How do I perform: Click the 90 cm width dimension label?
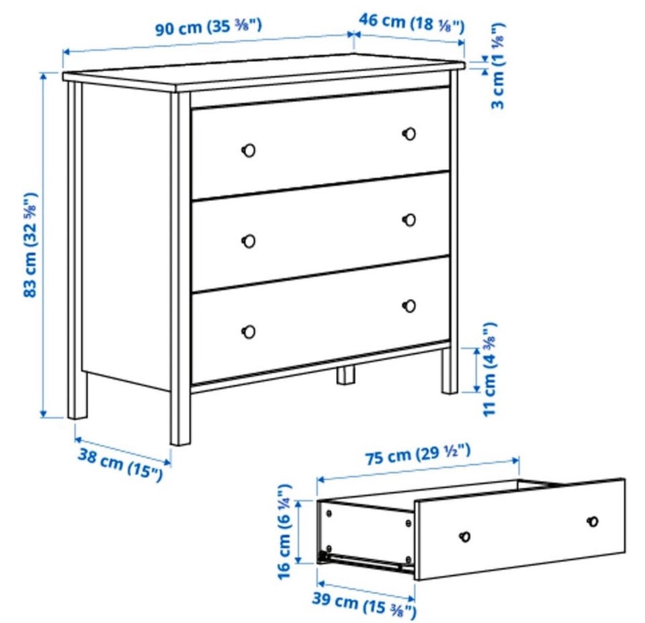pos(208,27)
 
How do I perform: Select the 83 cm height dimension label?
pos(31,245)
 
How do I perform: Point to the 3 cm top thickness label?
pos(497,67)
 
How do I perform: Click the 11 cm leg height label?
pos(490,369)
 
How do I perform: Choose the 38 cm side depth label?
pos(120,464)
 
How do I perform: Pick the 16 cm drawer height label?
pos(285,532)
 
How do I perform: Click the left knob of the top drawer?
pos(249,150)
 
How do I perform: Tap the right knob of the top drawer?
pos(409,134)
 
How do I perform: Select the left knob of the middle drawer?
pos(249,241)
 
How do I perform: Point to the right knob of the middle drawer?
pos(409,220)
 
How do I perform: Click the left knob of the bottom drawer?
pos(249,332)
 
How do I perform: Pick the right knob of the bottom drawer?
pos(409,306)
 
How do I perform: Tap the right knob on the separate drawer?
pos(593,522)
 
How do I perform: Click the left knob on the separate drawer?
pos(465,536)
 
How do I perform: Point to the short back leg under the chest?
pos(346,375)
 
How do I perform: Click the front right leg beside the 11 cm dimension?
pos(449,371)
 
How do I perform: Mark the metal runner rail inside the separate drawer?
pos(364,562)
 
